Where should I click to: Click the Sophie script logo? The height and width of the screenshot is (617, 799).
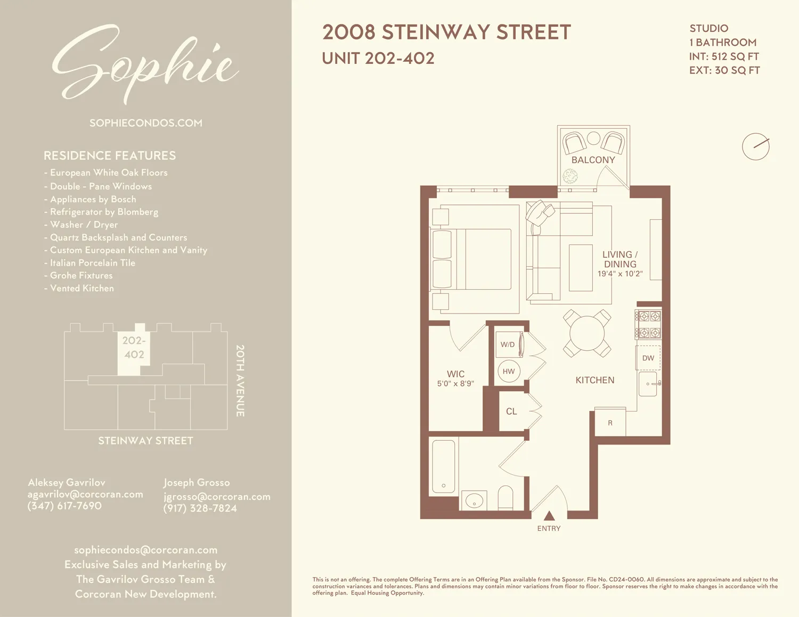[145, 64]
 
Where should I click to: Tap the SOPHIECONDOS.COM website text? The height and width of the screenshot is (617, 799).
[145, 123]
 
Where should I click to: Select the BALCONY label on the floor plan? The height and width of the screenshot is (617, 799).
[593, 160]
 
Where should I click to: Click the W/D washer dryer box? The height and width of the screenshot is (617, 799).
[508, 344]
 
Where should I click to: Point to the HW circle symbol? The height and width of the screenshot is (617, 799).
[509, 372]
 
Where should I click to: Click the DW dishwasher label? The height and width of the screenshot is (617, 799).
[648, 358]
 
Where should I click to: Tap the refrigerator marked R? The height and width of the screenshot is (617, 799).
[610, 423]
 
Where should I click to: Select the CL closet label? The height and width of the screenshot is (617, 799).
[511, 412]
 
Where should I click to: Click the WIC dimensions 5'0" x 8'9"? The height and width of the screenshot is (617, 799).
[455, 384]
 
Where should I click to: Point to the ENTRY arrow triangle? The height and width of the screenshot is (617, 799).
[549, 515]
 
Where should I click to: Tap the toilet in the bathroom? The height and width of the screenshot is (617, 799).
[505, 498]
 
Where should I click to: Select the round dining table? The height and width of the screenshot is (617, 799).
[587, 333]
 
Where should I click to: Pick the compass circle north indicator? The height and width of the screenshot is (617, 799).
[755, 146]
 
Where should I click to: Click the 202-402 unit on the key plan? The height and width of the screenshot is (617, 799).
[133, 348]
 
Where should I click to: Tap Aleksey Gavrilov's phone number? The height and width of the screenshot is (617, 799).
[64, 506]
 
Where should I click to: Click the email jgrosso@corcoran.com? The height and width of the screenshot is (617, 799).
[217, 497]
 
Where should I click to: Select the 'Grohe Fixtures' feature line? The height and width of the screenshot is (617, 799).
[81, 276]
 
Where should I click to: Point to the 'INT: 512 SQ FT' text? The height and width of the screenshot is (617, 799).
[723, 56]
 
